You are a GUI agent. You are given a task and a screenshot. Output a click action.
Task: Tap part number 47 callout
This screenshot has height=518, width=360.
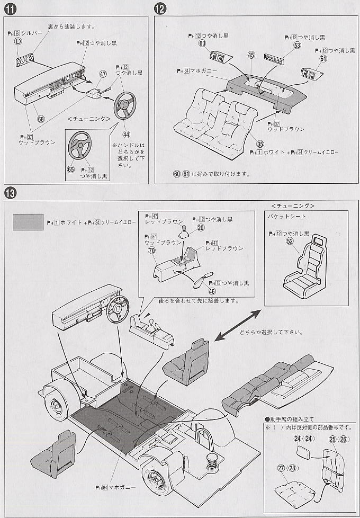click(x=103, y=76)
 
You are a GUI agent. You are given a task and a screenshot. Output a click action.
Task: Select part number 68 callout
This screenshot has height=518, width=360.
click(x=41, y=118)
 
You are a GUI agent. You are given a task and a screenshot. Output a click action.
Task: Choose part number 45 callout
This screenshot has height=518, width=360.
click(x=251, y=55)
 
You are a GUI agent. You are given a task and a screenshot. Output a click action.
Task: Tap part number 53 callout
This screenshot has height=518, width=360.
click(x=296, y=46)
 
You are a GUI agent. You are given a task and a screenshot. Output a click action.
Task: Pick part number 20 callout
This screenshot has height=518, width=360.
click(x=200, y=227)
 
